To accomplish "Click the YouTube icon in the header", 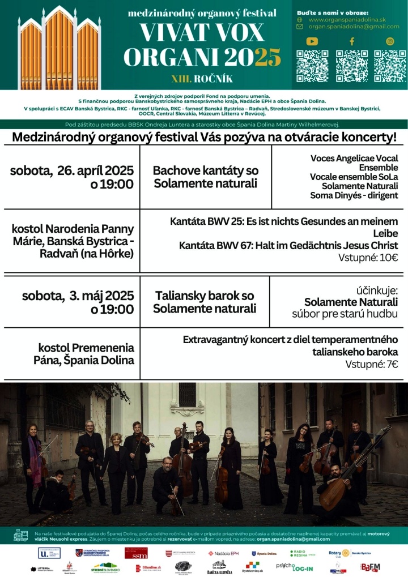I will click(312, 41).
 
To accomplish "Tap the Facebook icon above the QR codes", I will click(351, 41).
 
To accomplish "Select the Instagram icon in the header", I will click(390, 41).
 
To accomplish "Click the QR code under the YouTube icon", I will click(312, 66).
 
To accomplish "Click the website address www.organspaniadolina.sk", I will click(346, 19).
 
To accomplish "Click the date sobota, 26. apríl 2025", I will click(71, 170).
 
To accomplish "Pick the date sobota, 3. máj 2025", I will click(78, 295).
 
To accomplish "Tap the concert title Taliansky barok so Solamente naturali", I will click(204, 302).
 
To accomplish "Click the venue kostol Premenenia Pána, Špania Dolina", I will click(86, 354).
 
